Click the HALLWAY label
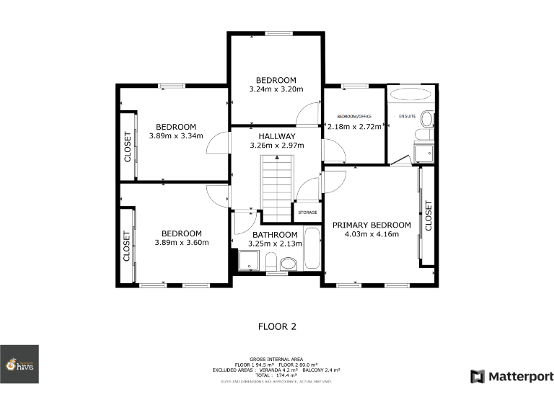[277, 136]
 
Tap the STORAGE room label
[308, 213]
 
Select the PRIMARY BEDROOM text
[371, 225]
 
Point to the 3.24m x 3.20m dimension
[276, 89]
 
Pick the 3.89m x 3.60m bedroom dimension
[181, 243]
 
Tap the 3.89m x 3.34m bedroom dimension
[176, 135]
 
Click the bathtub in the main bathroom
[312, 249]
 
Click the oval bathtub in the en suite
[411, 94]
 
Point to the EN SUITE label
[408, 115]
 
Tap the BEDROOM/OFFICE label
[354, 116]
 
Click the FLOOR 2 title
[277, 326]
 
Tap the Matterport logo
[512, 376]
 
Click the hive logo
[19, 364]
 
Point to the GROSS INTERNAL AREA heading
[276, 359]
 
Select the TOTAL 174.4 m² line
[276, 375]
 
